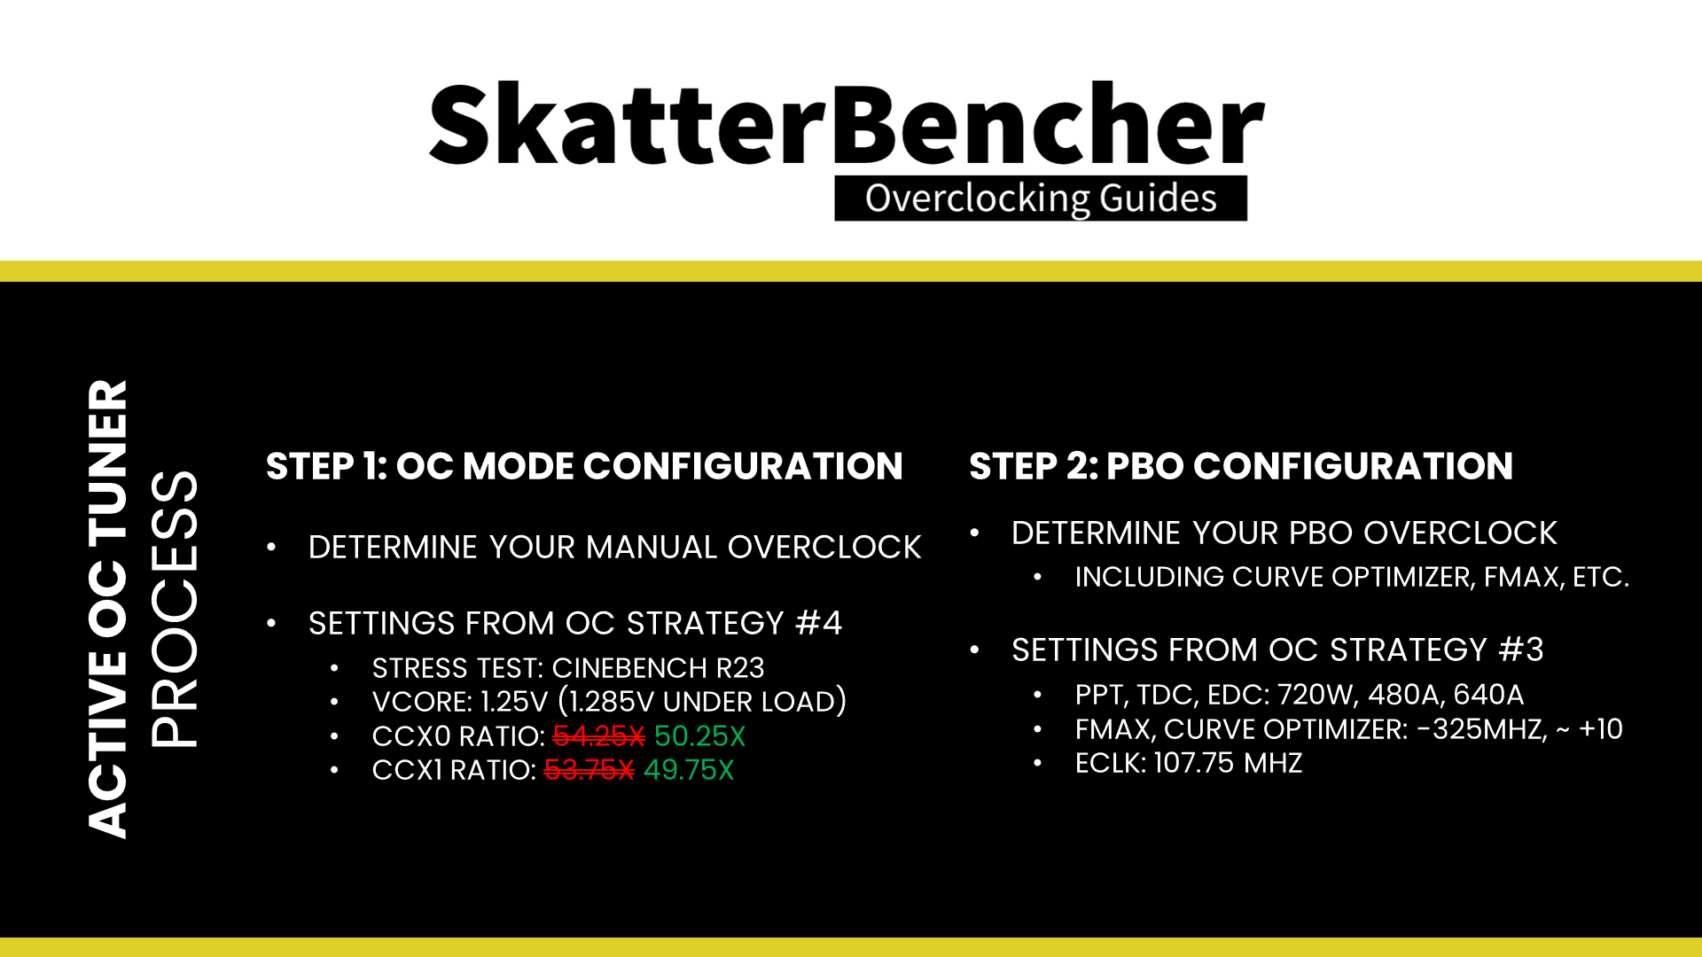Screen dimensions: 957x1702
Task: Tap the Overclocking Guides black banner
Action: [1040, 198]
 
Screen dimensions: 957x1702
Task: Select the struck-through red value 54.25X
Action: [598, 736]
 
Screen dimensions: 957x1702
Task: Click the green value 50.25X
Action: [699, 736]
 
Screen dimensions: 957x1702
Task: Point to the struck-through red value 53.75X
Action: [589, 770]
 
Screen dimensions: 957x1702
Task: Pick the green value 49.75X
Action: [689, 770]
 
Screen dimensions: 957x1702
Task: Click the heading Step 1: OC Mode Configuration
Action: [583, 466]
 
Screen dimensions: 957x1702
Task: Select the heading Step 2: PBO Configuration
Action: [1240, 466]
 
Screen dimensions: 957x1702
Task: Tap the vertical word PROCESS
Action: [175, 609]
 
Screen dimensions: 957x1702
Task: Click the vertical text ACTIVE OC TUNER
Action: [108, 609]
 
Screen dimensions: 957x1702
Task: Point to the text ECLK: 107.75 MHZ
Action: [1188, 763]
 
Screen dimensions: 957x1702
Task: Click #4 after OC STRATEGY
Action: [818, 623]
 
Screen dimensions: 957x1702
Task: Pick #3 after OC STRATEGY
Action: [1520, 650]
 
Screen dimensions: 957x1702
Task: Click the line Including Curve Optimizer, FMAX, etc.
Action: [1351, 577]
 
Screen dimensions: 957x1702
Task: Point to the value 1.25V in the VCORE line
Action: [514, 702]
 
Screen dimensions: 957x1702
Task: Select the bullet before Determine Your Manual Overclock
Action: [271, 548]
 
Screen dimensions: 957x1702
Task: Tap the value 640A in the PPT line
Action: [1488, 695]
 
